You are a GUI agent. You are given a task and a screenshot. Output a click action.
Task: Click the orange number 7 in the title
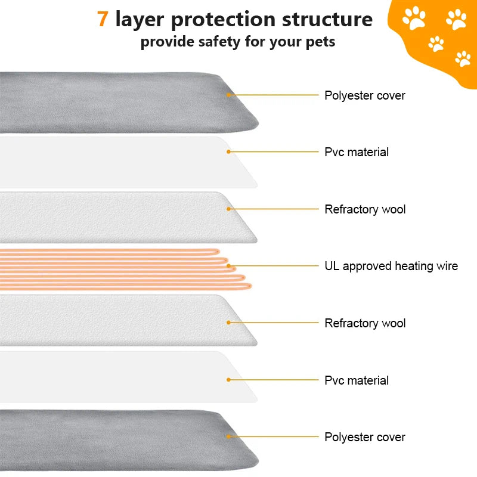[103, 19]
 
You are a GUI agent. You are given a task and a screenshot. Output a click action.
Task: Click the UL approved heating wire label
[391, 266]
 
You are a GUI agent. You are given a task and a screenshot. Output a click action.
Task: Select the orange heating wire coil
[119, 268]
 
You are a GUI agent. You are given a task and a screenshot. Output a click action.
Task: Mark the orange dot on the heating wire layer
[228, 266]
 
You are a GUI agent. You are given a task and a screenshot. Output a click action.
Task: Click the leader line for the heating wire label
[274, 266]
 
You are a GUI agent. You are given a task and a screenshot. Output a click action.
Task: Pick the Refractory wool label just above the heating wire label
[365, 209]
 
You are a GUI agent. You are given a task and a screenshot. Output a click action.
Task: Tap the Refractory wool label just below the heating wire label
[365, 323]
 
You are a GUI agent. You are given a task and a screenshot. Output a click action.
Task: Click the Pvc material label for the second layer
[357, 152]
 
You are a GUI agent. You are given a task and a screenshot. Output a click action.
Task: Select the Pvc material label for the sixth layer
[357, 380]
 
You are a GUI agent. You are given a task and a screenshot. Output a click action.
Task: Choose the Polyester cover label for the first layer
[365, 95]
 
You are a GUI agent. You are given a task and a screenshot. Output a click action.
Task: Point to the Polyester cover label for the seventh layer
[365, 437]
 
